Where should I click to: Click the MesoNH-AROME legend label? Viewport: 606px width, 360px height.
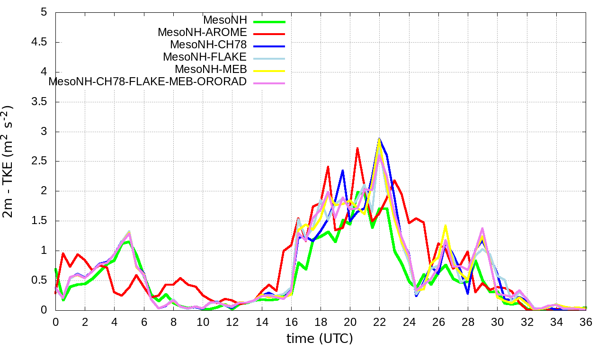point(202,32)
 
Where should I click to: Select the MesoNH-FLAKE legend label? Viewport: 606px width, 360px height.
point(205,57)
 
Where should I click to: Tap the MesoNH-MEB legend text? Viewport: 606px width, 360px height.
point(211,69)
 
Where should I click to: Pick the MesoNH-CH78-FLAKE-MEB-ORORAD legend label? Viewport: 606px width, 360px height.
point(148,81)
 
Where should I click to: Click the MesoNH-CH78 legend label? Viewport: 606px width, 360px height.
point(208,45)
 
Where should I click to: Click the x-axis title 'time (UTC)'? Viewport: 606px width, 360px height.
point(320,339)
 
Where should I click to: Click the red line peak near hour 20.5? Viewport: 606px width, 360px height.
point(357,148)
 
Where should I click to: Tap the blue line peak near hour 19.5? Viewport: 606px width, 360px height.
point(343,170)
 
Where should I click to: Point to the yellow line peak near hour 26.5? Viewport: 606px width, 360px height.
point(446,225)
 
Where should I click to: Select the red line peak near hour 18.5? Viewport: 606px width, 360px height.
point(328,166)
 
